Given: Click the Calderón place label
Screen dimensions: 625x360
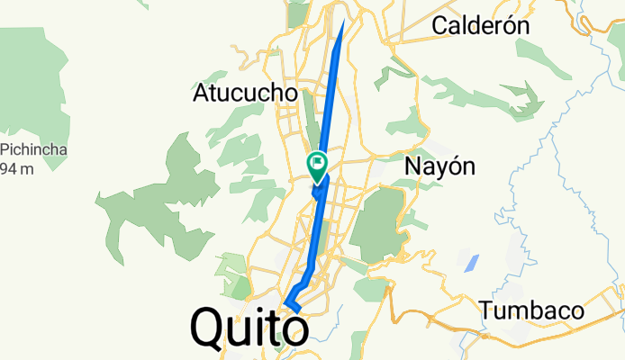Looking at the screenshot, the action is point(479,26).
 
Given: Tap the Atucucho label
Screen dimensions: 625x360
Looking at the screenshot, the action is point(245,93).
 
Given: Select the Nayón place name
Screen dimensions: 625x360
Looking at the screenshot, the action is point(439,166).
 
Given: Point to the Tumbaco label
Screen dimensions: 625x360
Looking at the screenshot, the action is point(531,311).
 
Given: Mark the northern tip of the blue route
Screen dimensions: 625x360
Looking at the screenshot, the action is point(343,20).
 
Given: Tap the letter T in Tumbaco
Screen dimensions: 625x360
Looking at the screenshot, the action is point(487,311).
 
